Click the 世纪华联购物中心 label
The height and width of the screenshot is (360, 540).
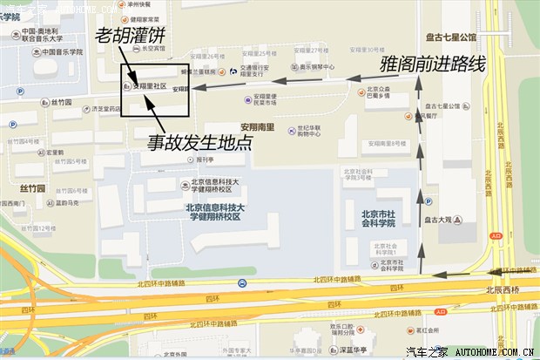[x=311, y=131]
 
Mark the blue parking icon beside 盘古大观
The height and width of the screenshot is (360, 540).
[x=428, y=201]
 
